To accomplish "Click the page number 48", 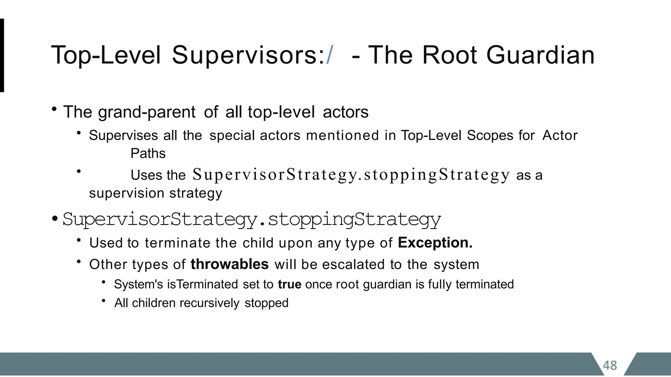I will [610, 365].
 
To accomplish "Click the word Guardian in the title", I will [540, 55].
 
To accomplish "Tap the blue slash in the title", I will [330, 55].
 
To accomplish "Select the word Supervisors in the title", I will [244, 55].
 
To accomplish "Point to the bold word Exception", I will [435, 243].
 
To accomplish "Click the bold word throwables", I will [229, 264].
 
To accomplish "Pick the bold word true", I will [290, 284].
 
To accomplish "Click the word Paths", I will [148, 153].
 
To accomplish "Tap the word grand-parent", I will [147, 112].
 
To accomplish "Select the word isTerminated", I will [202, 284].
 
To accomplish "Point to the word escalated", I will [353, 264].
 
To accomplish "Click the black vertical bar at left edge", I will [2, 55].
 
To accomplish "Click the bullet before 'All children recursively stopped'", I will [104, 300].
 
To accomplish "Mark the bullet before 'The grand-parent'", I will [54, 109].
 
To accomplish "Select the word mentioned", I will [342, 135].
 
